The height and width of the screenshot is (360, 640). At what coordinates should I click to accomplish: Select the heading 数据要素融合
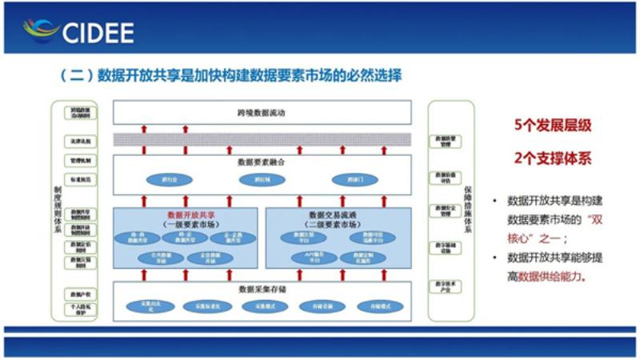pyautogui.click(x=262, y=162)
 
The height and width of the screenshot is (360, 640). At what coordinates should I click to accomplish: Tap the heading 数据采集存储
pyautogui.click(x=262, y=289)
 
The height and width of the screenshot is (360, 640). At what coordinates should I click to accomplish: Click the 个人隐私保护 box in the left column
pyautogui.click(x=80, y=309)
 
